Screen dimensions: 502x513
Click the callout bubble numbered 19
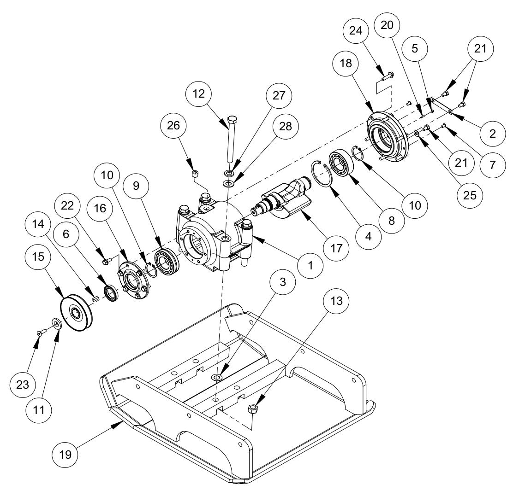(66, 454)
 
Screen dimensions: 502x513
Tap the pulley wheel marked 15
(77, 313)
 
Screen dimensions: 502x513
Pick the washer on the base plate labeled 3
(217, 378)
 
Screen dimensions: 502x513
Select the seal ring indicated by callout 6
(111, 293)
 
